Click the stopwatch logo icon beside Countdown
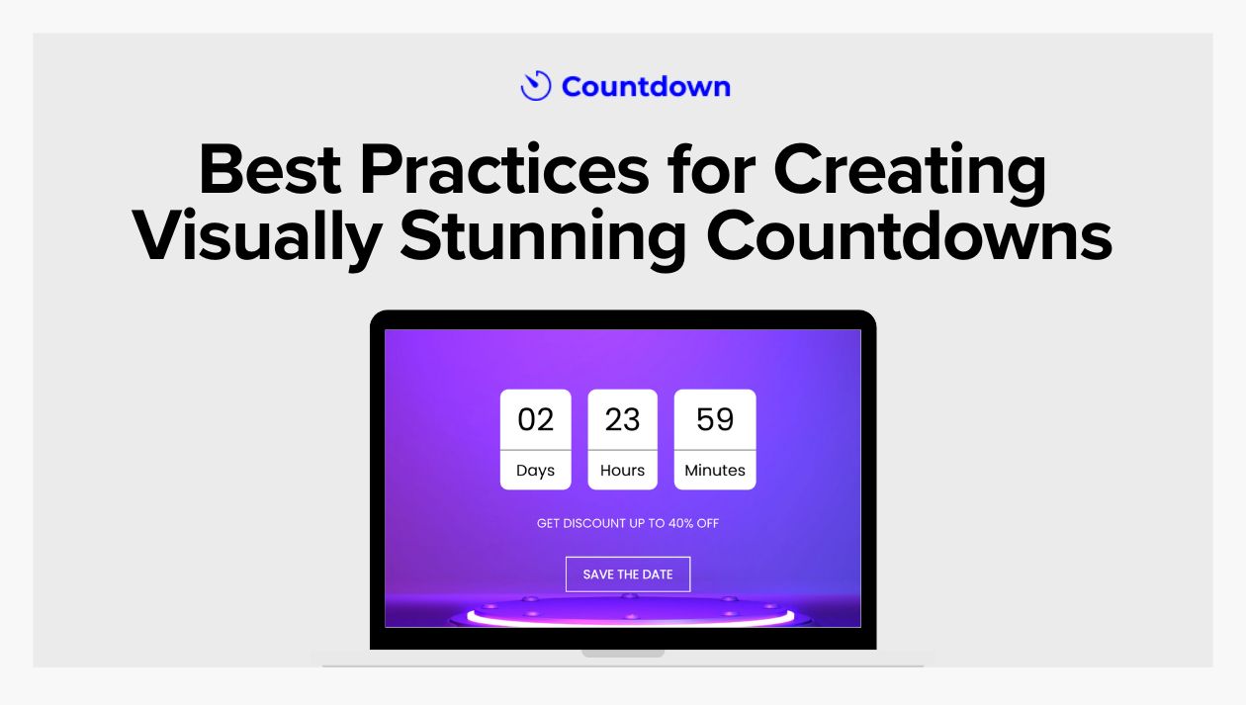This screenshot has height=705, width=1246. [535, 86]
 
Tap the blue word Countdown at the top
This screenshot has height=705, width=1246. [646, 87]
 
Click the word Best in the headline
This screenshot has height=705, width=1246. [270, 171]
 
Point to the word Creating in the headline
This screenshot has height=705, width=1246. [909, 171]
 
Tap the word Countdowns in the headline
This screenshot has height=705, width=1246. [910, 237]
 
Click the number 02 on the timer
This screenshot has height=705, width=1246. [535, 420]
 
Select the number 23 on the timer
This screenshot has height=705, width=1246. [622, 420]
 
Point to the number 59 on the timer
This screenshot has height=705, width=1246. [715, 420]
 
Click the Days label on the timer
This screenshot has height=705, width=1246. [535, 471]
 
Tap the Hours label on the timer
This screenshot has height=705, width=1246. [622, 471]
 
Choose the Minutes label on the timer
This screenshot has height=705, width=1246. [715, 471]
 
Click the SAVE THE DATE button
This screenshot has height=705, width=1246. [628, 574]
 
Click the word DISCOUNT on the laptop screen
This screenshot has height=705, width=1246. [593, 523]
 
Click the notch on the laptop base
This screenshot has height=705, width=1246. [623, 654]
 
